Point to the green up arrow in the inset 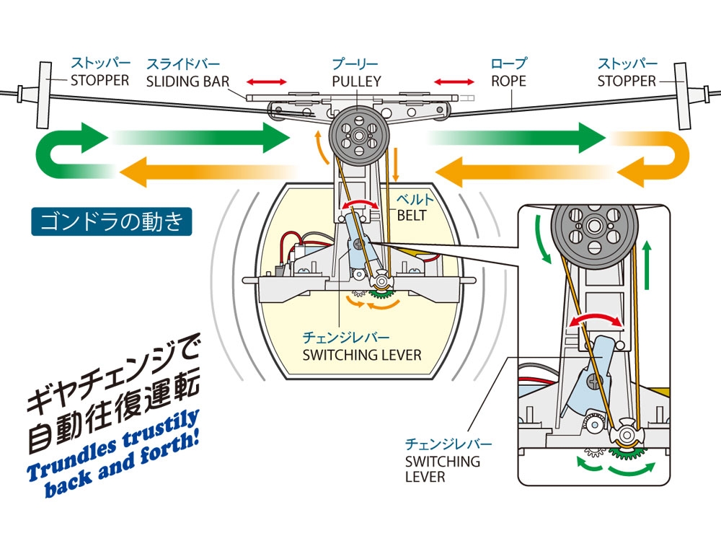[x=648, y=260]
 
